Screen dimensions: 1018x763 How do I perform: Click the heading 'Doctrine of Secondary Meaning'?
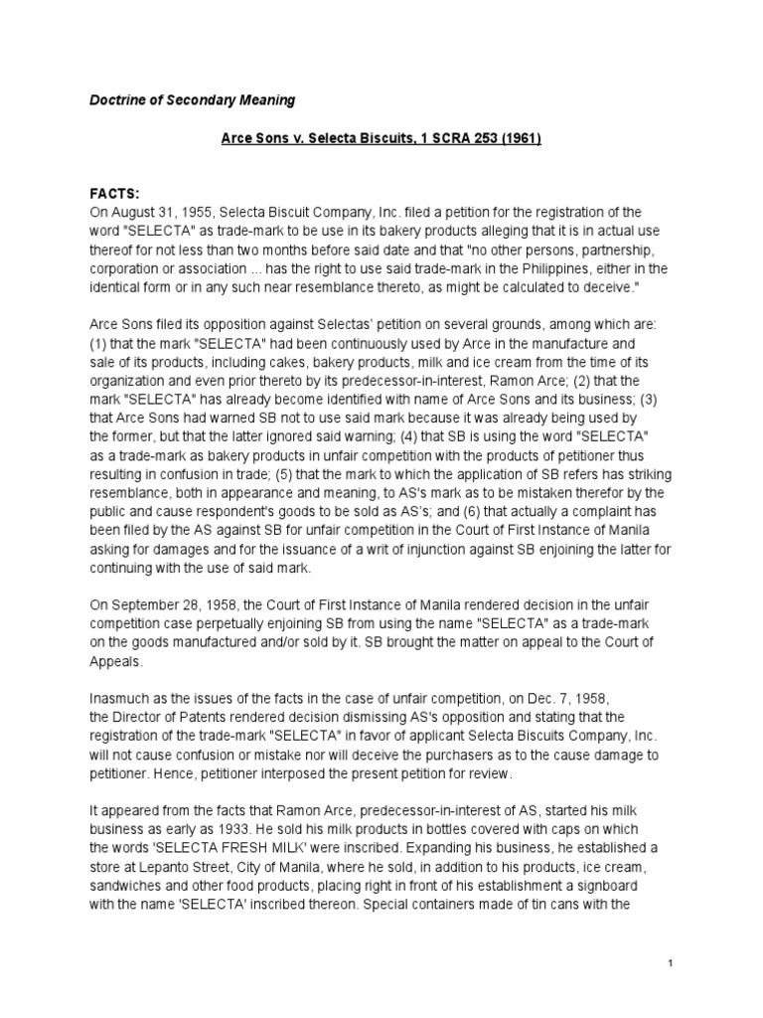tap(189, 100)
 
